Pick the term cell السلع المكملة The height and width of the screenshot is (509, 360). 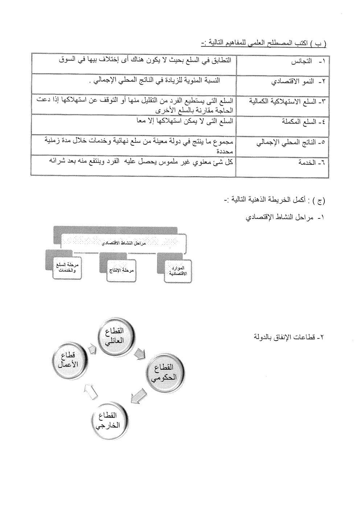pyautogui.click(x=282, y=124)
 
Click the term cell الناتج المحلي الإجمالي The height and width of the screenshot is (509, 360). pyautogui.click(x=282, y=145)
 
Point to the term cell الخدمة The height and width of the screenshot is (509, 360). pyautogui.click(x=282, y=166)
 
